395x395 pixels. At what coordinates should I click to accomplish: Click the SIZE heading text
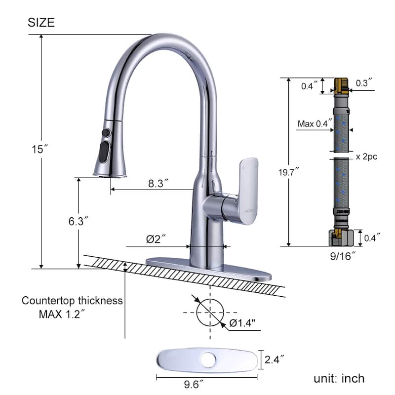[x=41, y=22]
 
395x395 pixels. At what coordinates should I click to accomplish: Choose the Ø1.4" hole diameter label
[x=242, y=323]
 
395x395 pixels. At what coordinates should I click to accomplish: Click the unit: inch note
[x=339, y=378]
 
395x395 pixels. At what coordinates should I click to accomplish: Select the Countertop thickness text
[x=72, y=301]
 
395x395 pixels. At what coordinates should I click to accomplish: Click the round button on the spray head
[x=105, y=133]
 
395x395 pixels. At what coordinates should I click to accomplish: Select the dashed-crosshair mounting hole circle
[x=210, y=312]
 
